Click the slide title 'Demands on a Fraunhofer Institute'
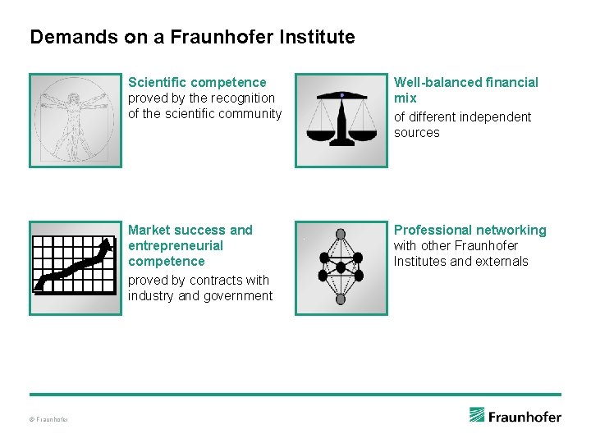pos(192,37)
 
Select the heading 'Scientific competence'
pos(197,82)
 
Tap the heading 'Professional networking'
pos(470,230)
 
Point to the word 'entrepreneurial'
pos(176,245)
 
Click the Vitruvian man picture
pos(76,121)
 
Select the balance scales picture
pos(341,121)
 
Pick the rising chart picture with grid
pos(76,267)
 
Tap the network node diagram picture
pos(341,267)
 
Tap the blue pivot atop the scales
pos(341,95)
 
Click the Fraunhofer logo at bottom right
pos(515,415)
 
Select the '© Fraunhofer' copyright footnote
pos(49,420)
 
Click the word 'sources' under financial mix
pos(416,132)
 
